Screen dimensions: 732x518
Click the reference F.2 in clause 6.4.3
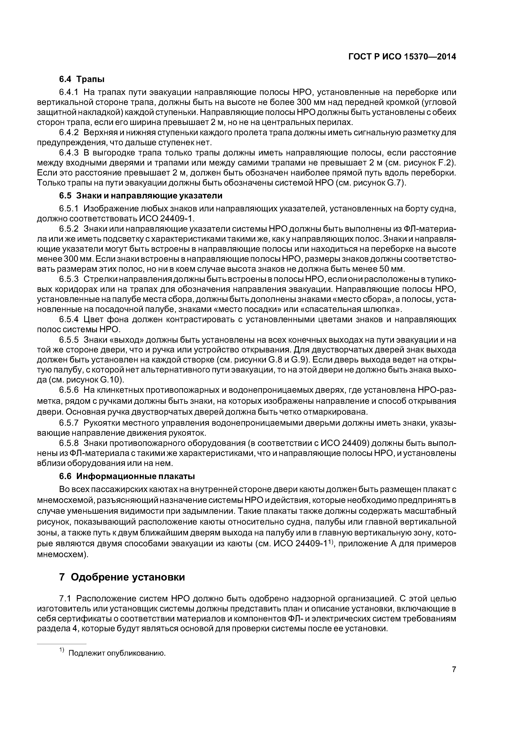click(445, 163)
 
